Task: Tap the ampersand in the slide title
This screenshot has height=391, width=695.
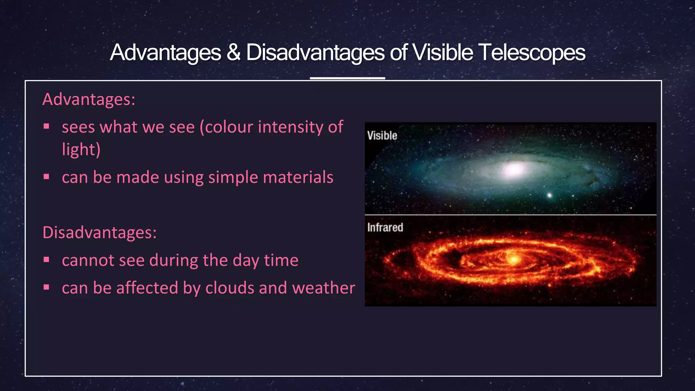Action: pos(233,53)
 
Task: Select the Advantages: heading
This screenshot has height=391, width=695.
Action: pos(89,99)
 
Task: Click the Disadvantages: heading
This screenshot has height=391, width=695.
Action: pos(99,233)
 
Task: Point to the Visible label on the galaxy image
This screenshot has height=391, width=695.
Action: pos(382,135)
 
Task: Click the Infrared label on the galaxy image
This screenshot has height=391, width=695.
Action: pos(385,227)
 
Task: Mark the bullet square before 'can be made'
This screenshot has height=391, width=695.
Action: pos(46,176)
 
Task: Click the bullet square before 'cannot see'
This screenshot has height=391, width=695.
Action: pos(46,260)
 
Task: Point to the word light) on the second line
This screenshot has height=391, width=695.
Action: pos(81,150)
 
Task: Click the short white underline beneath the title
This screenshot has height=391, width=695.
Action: pos(347,78)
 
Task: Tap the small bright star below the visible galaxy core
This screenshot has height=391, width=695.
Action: pos(549,195)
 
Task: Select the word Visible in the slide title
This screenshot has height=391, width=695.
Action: pos(443,53)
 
